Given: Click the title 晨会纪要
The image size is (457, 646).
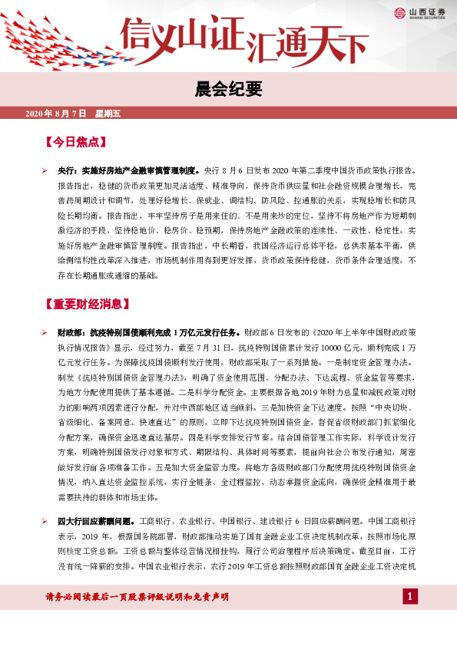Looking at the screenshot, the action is coord(228,90).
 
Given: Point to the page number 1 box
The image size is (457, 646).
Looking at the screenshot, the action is coord(411,597).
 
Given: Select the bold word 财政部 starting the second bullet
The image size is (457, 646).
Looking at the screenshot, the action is coord(71,334).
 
